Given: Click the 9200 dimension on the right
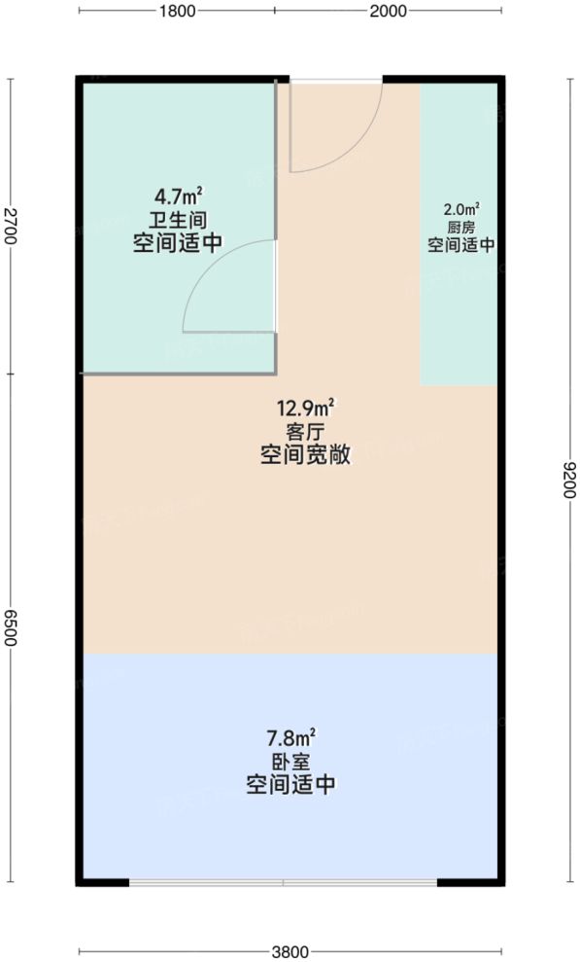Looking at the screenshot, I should [568, 481].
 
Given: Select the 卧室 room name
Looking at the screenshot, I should [290, 762].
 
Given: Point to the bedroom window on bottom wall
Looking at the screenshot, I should [283, 883].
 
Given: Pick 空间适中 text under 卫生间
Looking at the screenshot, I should [177, 244].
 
